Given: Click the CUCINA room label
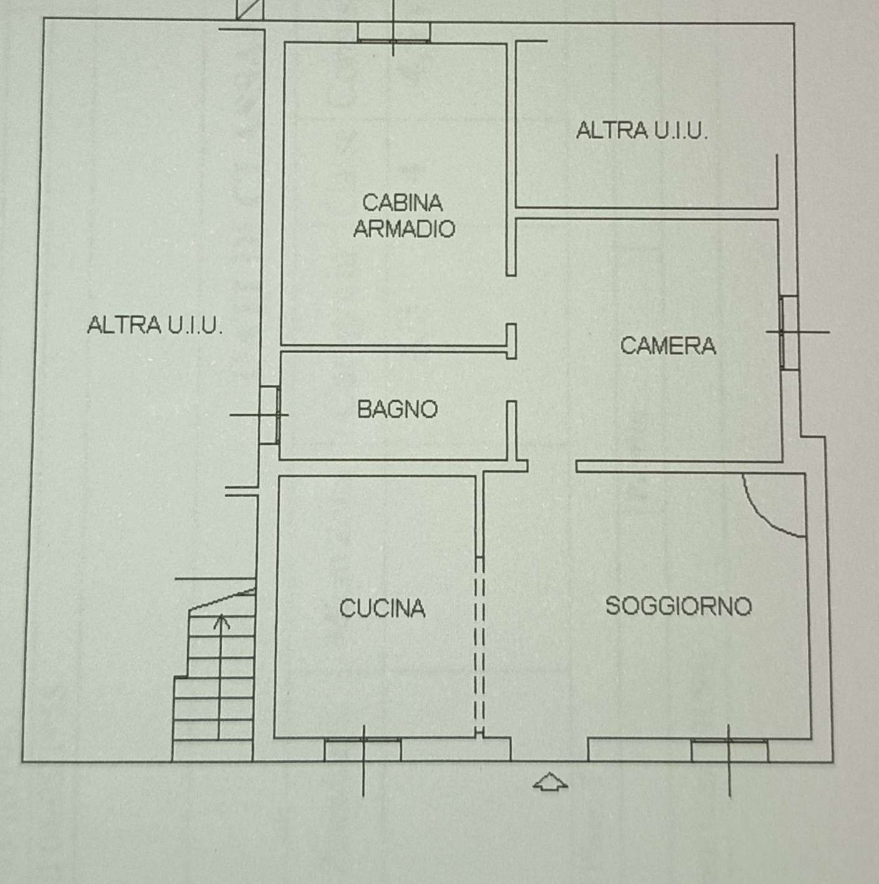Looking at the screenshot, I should click(x=382, y=608).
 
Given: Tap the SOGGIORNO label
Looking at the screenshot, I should click(x=679, y=606).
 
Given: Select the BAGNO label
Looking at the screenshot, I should click(x=397, y=409).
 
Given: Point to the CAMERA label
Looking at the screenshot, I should click(x=668, y=346).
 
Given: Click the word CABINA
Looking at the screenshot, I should click(x=402, y=203).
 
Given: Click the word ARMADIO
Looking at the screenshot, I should click(x=404, y=228).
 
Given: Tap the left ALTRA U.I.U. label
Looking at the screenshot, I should click(x=155, y=325).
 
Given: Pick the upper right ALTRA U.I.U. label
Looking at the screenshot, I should click(x=642, y=131).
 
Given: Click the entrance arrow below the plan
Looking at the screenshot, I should click(x=550, y=782).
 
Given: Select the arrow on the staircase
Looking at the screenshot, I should click(x=221, y=621).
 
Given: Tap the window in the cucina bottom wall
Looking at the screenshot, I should click(x=362, y=749).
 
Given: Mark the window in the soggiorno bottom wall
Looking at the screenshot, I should click(x=729, y=750).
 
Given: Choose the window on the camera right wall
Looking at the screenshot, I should click(x=789, y=333).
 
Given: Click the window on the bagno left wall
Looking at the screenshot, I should click(x=269, y=415).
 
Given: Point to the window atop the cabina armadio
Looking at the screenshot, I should click(x=394, y=32).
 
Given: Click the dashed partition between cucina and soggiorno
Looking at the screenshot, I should click(x=479, y=646).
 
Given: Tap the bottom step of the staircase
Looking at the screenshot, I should click(x=213, y=750).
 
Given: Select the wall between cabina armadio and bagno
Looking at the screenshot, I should click(x=393, y=348).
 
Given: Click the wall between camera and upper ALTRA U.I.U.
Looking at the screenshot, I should click(x=646, y=213).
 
